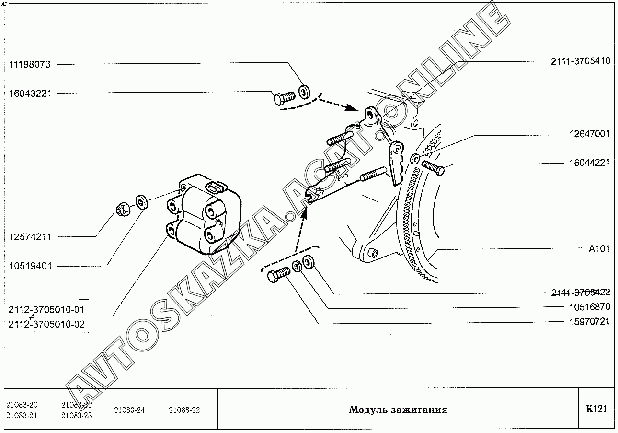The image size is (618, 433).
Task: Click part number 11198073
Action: (x=30, y=65)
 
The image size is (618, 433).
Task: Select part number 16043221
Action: (x=30, y=94)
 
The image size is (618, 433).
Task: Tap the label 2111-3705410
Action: (x=581, y=61)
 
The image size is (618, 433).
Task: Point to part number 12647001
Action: (x=590, y=134)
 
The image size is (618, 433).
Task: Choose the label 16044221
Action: (x=590, y=163)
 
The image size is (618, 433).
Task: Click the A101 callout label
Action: (x=599, y=249)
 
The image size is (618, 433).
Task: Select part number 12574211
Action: (x=30, y=237)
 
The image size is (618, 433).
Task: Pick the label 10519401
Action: (x=30, y=266)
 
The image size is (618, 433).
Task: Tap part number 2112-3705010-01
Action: (x=46, y=310)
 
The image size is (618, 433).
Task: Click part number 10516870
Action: (x=590, y=307)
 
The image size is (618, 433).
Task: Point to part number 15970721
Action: (x=590, y=321)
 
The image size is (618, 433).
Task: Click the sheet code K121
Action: (x=596, y=409)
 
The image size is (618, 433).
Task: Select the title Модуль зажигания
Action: (x=398, y=410)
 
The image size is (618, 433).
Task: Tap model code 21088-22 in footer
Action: (x=184, y=410)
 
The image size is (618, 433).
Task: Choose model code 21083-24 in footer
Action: (x=129, y=410)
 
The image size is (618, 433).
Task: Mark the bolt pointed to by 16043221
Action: (x=285, y=98)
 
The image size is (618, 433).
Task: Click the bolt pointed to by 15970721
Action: (x=279, y=275)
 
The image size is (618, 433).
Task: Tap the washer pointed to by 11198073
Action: (x=305, y=92)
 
